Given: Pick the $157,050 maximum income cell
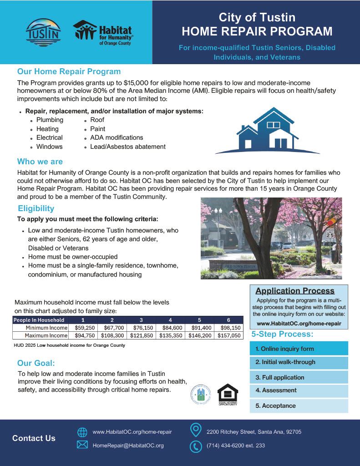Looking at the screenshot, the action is tap(228, 335).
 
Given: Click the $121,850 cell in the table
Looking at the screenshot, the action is tap(142, 335).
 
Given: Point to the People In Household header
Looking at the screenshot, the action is tap(39, 320).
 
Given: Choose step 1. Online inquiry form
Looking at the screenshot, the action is tap(299, 349).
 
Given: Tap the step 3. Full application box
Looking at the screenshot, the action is tap(299, 377).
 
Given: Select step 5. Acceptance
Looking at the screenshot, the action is tap(299, 405).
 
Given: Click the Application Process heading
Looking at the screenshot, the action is tap(295, 291).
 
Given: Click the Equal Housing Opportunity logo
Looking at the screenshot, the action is tap(228, 394).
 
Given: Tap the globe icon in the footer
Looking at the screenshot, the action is tap(82, 432).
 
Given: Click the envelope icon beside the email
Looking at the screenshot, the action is tap(82, 446).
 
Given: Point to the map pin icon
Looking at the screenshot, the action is tap(196, 430).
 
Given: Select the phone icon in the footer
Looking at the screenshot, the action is tap(196, 446).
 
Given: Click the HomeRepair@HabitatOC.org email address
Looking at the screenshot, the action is tap(128, 446).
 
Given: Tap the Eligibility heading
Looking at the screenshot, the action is tap(36, 208).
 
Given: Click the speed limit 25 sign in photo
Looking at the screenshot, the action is tap(330, 234).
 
